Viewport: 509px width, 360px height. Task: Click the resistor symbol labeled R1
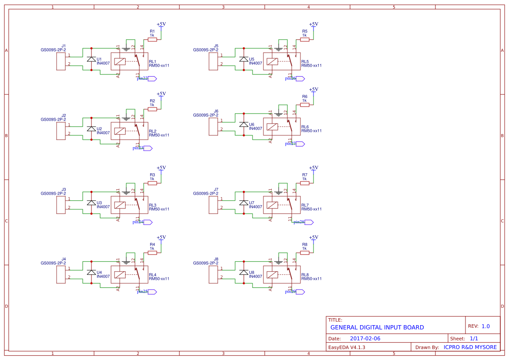point(152,39)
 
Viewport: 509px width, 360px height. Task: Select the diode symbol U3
point(91,203)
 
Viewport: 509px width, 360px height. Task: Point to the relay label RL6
point(305,127)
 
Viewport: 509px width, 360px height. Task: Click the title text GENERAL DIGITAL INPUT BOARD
point(377,327)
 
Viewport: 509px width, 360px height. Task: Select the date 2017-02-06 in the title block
point(365,338)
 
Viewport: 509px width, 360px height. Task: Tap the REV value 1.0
point(485,326)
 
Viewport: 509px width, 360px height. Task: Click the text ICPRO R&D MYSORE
point(470,347)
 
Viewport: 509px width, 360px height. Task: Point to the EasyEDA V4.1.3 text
point(347,347)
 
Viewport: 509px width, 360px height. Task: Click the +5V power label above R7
point(313,168)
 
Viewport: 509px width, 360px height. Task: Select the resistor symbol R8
point(304,252)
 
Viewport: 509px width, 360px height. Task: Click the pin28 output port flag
point(309,222)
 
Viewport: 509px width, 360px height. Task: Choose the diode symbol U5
point(243,59)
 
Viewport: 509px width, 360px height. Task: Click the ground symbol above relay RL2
point(126,118)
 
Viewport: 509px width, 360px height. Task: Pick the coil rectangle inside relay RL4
point(120,275)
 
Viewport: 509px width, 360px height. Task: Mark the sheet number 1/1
point(474,338)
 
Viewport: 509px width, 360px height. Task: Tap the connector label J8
point(216,259)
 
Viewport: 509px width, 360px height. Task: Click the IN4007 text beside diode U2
point(103,133)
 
